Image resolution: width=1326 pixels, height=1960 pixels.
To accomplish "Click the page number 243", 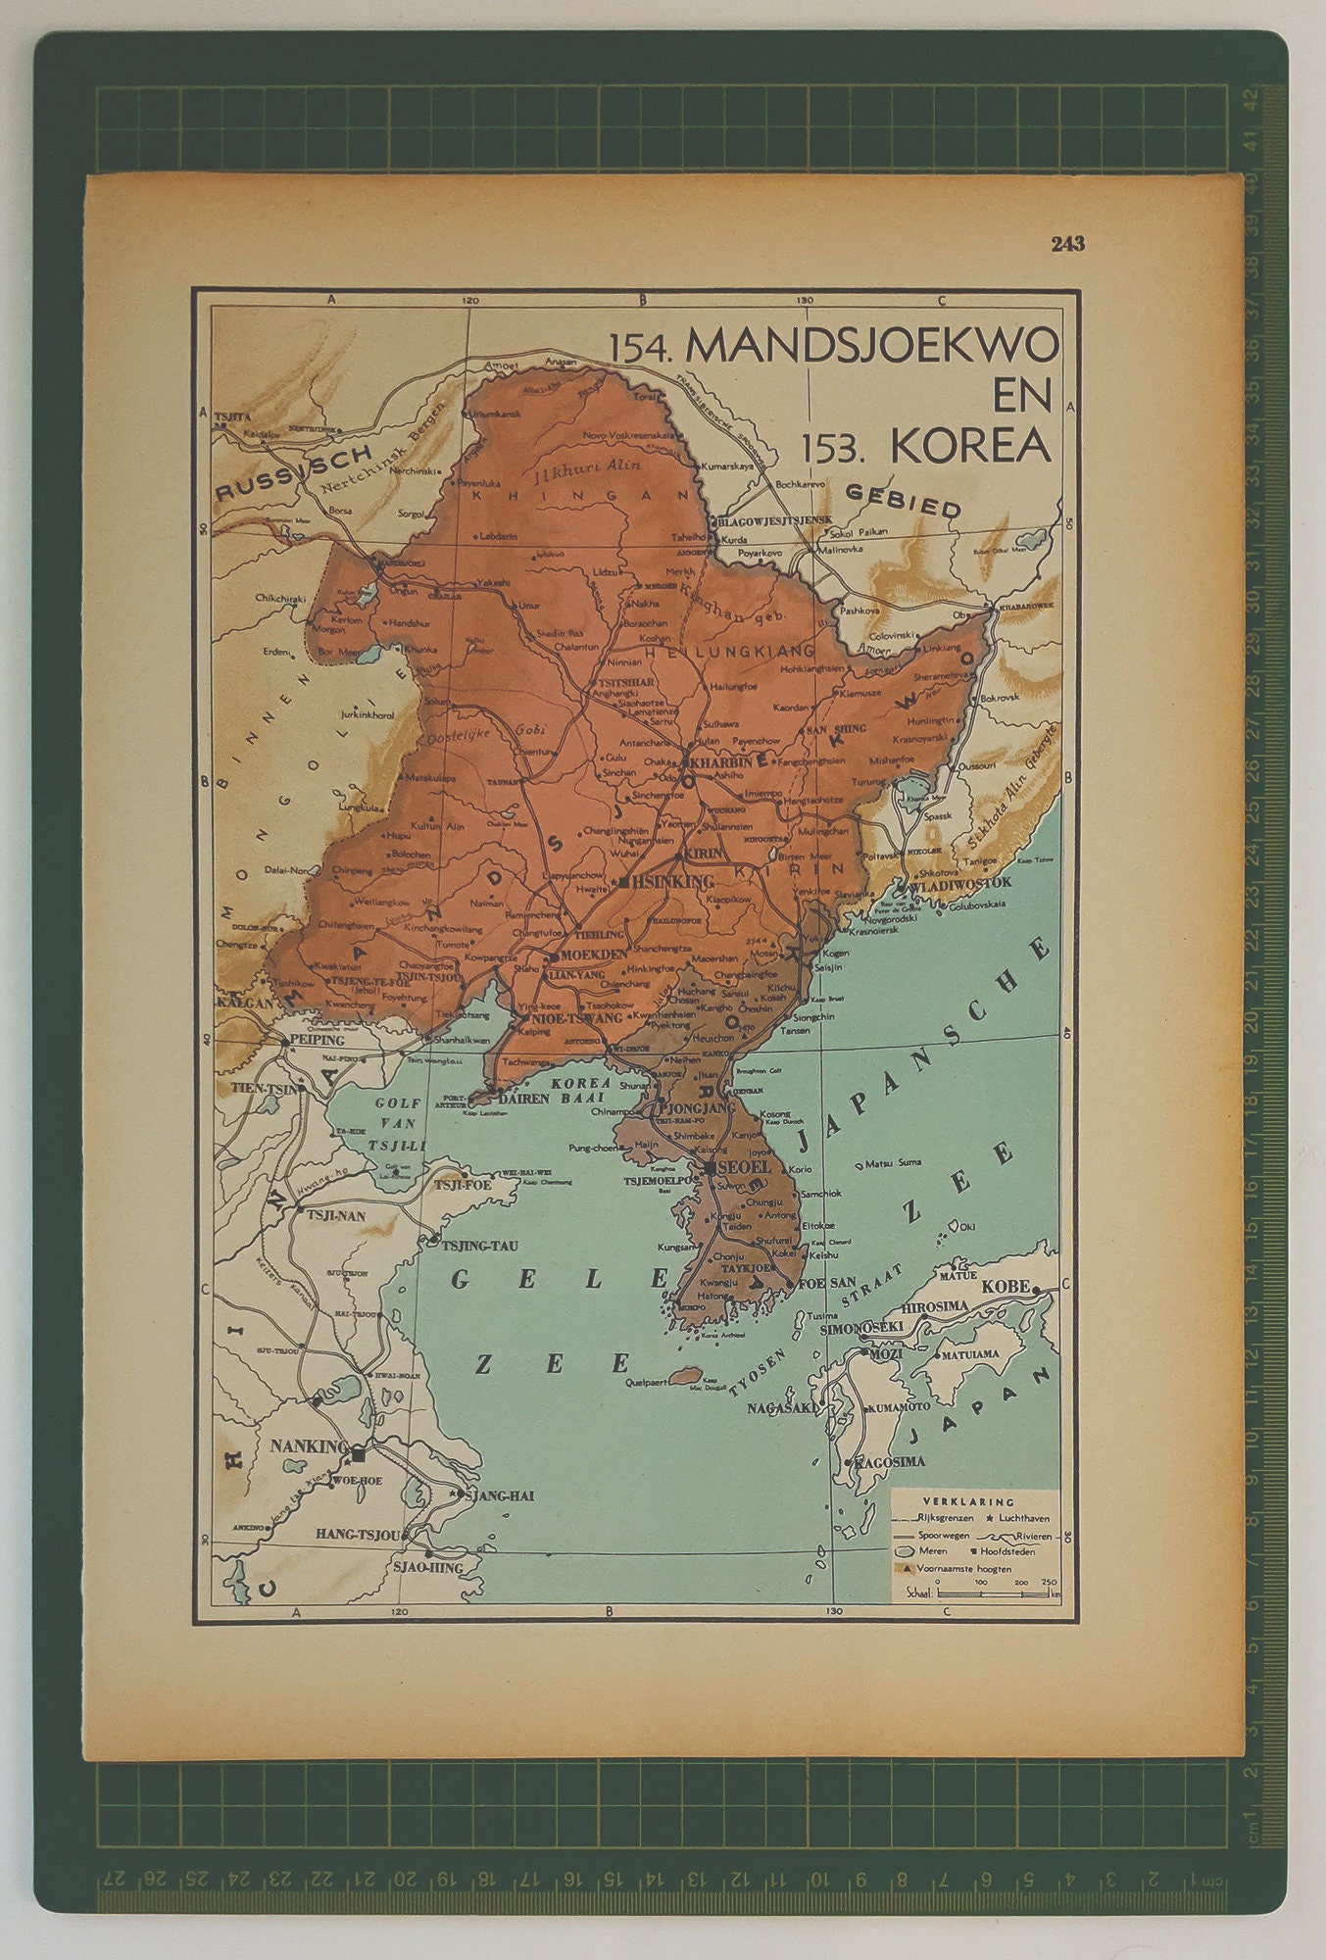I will (x=1067, y=244).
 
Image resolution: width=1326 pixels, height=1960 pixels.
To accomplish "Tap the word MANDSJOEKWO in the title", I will (x=871, y=346).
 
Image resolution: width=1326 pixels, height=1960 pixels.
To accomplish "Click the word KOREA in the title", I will (x=970, y=447).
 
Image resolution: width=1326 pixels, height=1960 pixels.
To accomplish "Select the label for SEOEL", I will (x=744, y=1168).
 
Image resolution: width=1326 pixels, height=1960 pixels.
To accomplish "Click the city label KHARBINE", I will (x=726, y=761).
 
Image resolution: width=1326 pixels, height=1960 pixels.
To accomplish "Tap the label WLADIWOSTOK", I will (x=959, y=883).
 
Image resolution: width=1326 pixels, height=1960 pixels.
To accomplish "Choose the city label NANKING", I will (x=309, y=1446).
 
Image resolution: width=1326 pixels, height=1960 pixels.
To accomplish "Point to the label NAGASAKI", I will (x=782, y=1408).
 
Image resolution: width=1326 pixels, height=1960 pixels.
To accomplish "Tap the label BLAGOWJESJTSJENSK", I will (x=775, y=519).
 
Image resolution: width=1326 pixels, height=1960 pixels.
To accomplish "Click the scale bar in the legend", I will (x=997, y=1594).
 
